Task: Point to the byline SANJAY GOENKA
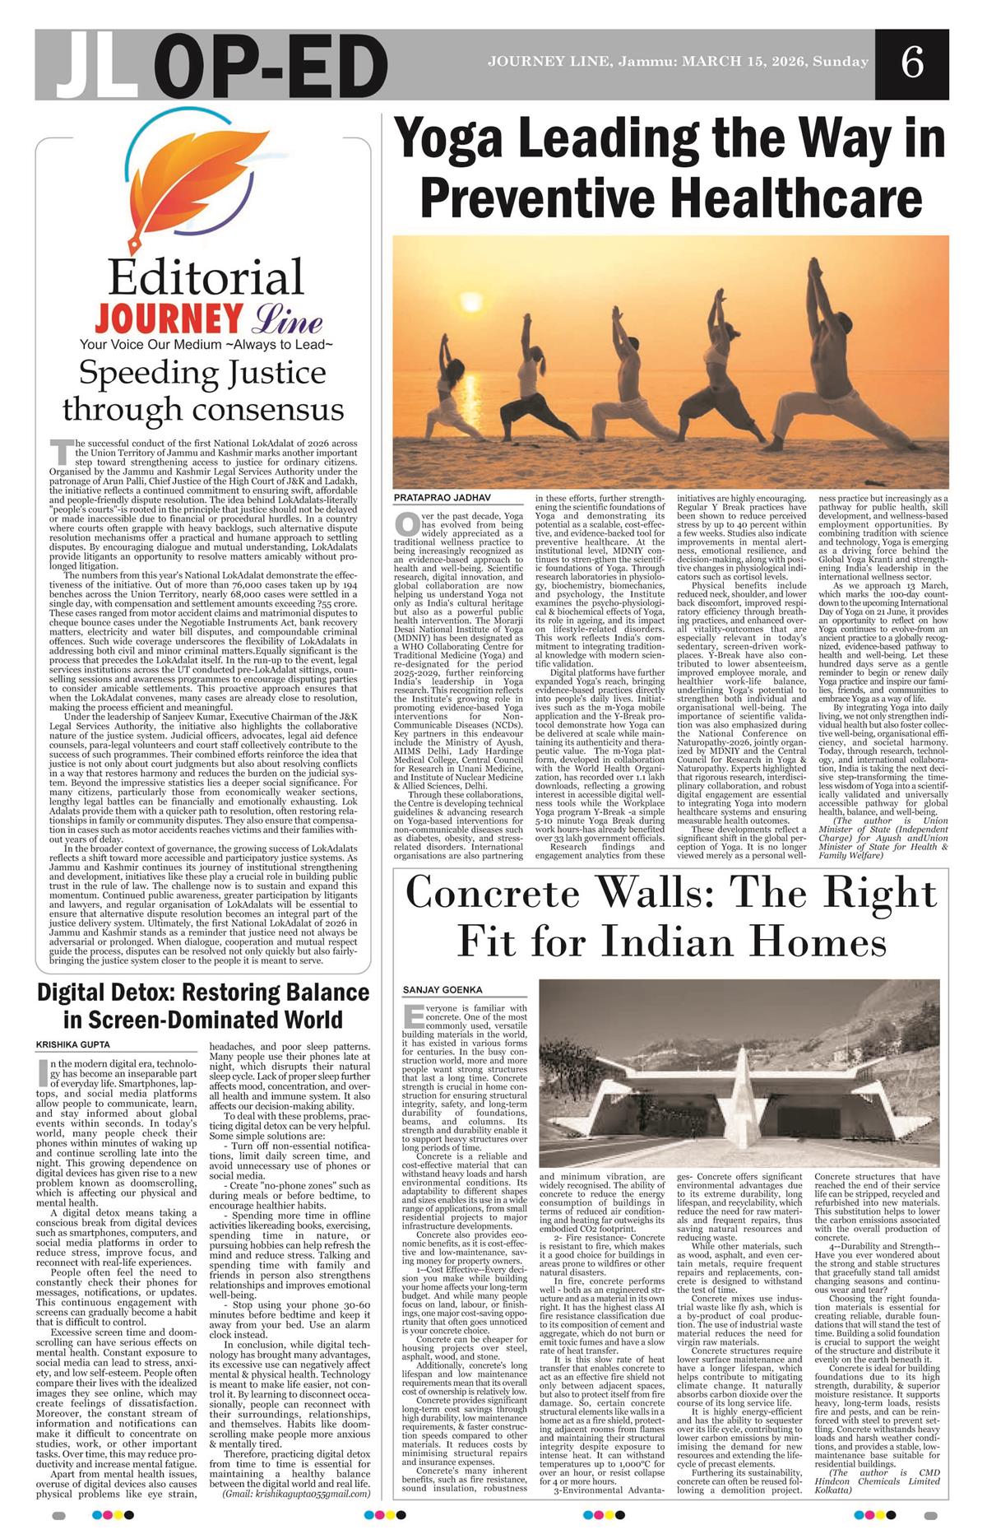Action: pos(443,989)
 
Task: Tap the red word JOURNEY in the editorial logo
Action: pos(169,319)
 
